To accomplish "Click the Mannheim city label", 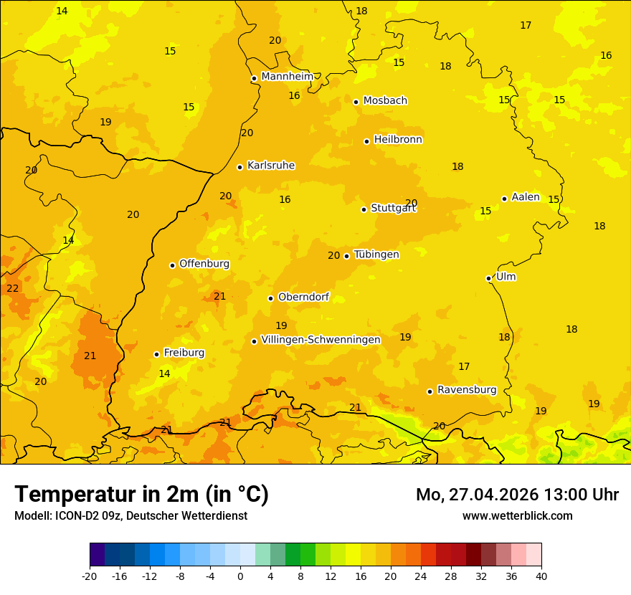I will (x=287, y=76).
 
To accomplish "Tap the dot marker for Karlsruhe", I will (x=239, y=167).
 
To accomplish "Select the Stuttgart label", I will (x=393, y=209).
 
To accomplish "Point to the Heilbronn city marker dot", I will (x=366, y=141).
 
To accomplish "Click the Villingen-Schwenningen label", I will (x=321, y=340).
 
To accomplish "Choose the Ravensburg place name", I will (x=467, y=390).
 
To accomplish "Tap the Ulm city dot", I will (x=488, y=278).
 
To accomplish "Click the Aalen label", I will (x=525, y=197).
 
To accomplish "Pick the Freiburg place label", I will (x=184, y=353).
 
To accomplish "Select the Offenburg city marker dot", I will (x=172, y=265).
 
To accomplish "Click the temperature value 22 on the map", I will (x=13, y=289).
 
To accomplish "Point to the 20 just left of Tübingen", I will (x=333, y=256).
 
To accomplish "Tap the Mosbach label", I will (x=385, y=101).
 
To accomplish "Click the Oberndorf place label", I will (x=303, y=297).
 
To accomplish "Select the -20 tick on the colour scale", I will (x=90, y=576).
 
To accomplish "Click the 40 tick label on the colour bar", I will (x=541, y=576).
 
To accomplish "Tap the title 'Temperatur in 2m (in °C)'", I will (x=141, y=494).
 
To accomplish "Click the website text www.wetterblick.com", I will (x=517, y=516).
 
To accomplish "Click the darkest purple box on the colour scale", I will (x=97, y=555).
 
